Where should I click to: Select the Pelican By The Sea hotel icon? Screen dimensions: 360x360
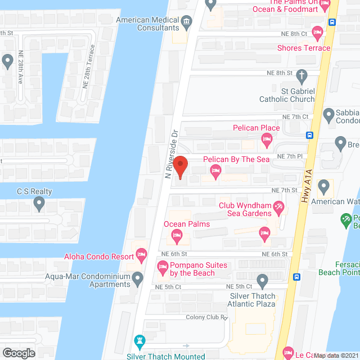pyautogui.click(x=214, y=171)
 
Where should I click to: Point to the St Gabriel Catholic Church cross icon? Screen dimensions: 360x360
pyautogui.click(x=301, y=75)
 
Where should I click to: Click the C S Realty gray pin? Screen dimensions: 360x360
pyautogui.click(x=39, y=203)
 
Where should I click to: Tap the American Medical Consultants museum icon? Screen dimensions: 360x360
pyautogui.click(x=187, y=22)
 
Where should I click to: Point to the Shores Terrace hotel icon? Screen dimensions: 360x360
pyautogui.click(x=318, y=33)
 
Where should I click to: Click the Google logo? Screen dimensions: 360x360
pyautogui.click(x=19, y=353)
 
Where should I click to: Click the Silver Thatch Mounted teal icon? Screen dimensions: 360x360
pyautogui.click(x=139, y=341)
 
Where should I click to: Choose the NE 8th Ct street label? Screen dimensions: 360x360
pyautogui.click(x=293, y=34)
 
